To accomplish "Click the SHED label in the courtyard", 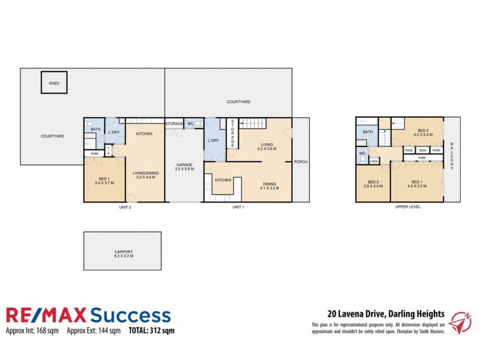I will (54, 84).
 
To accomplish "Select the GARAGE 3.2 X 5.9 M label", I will (184, 167).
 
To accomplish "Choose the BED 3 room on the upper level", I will (373, 184).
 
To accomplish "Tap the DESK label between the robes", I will (422, 150).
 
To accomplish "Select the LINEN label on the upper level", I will (373, 161).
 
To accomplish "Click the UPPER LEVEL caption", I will (407, 207).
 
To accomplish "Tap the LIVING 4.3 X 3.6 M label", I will (267, 146).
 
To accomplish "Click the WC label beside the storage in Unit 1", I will (190, 124).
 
